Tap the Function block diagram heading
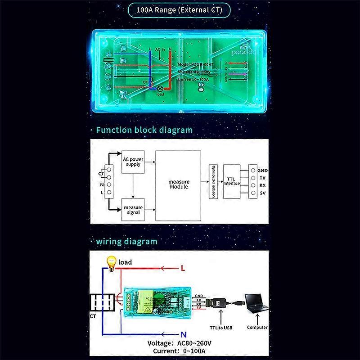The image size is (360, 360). point(144,130)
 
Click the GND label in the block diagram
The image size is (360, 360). point(263,171)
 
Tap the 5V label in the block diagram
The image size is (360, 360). point(262,193)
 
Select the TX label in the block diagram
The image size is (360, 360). point(262,178)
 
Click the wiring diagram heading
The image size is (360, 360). point(126,241)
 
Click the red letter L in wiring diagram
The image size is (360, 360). point(183,268)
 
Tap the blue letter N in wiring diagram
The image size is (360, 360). point(183,335)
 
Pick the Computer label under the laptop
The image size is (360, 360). point(257,327)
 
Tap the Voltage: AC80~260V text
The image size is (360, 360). point(180,343)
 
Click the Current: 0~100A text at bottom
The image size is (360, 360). point(180,351)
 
